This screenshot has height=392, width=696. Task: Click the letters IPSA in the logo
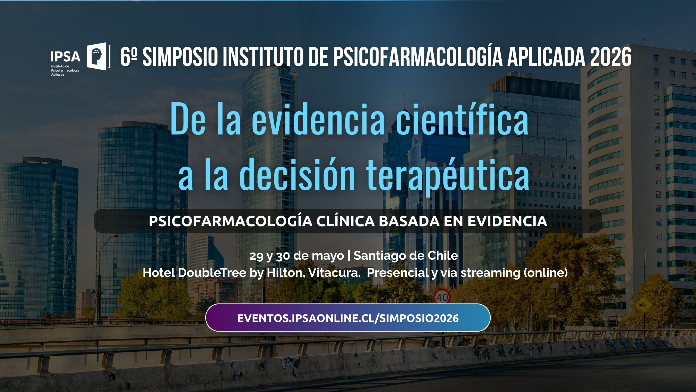(x=66, y=57)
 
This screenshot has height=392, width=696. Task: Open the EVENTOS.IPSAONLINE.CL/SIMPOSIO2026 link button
(x=348, y=318)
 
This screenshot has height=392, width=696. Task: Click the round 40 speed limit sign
(x=442, y=297)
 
